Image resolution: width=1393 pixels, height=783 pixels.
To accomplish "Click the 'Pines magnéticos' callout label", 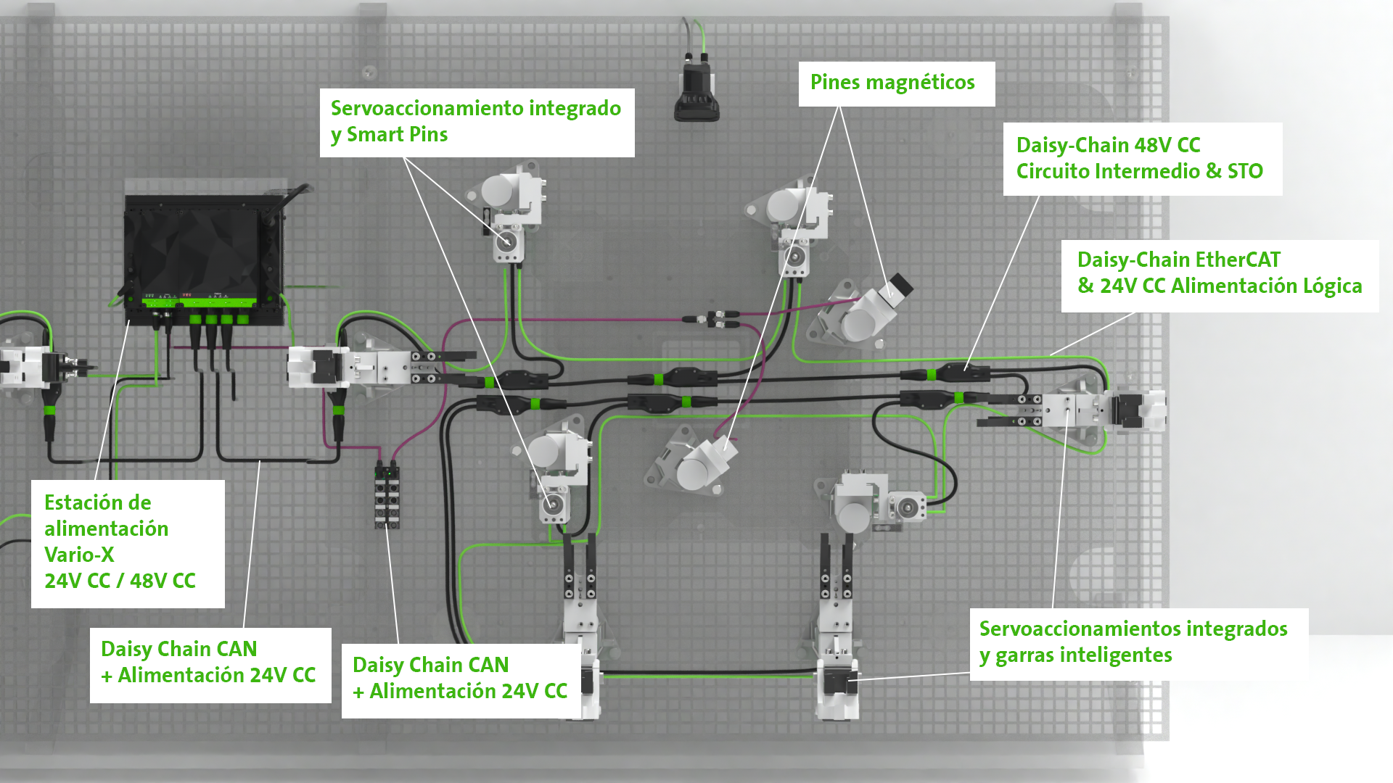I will pos(892,83).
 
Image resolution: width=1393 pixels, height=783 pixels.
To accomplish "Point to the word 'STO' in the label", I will pos(1245,171).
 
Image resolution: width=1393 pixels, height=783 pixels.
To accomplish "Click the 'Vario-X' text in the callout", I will pos(79,555).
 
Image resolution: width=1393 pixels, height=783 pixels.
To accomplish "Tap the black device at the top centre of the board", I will pos(696,91).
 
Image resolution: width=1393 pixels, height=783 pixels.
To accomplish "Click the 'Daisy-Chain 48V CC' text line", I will pos(1108,145).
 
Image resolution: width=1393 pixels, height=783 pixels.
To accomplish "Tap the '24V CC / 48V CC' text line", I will pos(120,581).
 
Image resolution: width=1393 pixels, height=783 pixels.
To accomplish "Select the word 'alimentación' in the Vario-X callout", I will pos(106,529).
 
